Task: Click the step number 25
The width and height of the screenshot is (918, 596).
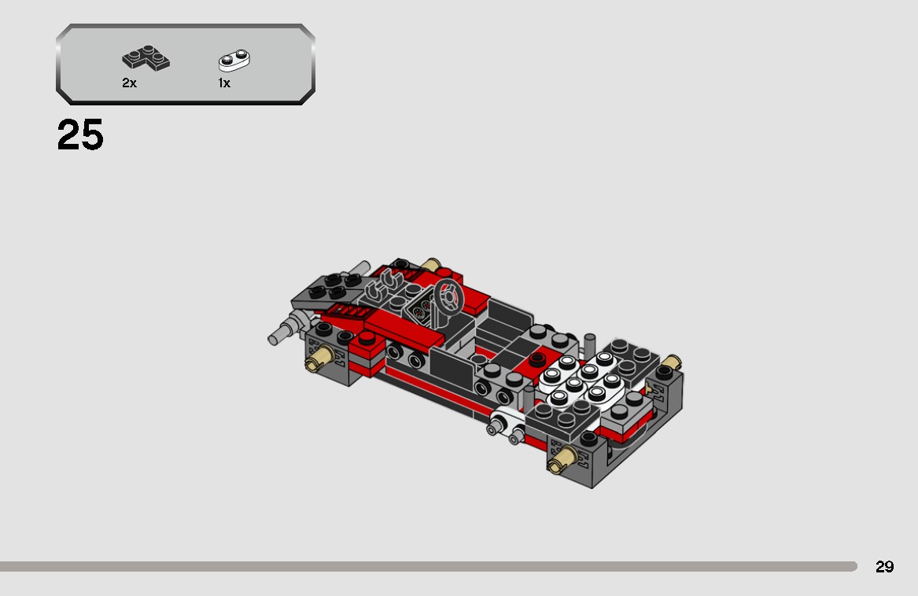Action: click(80, 135)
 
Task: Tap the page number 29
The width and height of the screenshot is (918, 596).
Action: click(884, 567)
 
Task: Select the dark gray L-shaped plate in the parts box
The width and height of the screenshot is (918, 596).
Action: click(146, 59)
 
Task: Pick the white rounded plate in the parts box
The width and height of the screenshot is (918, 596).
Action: click(234, 60)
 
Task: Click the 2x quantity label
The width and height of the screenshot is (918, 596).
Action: click(129, 83)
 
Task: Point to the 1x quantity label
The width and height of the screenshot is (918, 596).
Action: click(224, 83)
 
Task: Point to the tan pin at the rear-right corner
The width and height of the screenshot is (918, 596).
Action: click(671, 363)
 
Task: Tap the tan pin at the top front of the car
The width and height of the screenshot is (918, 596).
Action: click(430, 265)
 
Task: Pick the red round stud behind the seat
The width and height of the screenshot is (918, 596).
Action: click(537, 360)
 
